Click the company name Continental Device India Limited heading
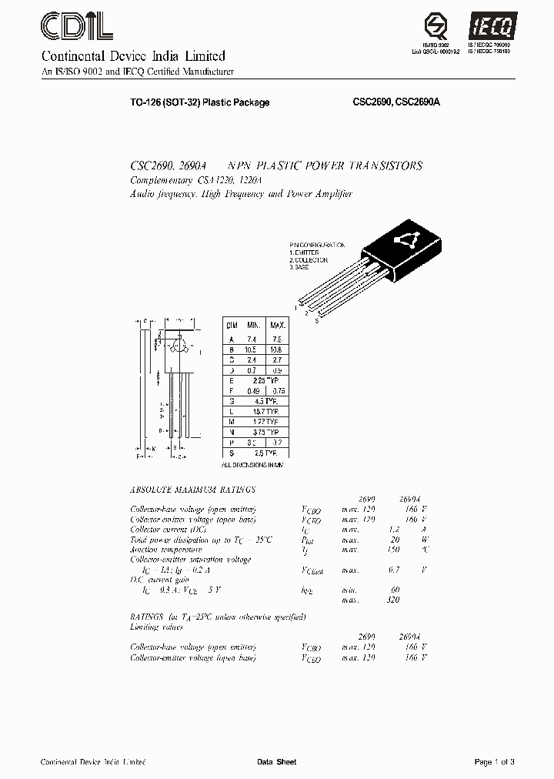132,56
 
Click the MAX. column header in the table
277,326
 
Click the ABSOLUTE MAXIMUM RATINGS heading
193,490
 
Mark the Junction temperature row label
166,550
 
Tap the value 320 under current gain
392,600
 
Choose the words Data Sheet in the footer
276,762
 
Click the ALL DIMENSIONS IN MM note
253,466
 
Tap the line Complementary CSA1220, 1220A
197,180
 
